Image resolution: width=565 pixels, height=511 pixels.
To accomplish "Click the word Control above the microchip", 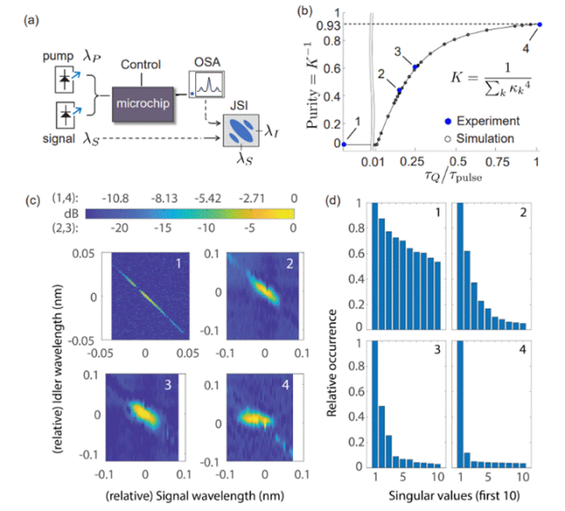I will [141, 64].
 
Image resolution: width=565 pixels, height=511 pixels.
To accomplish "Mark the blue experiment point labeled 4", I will [538, 25].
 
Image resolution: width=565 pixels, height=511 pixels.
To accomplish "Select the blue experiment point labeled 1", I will [345, 144].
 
